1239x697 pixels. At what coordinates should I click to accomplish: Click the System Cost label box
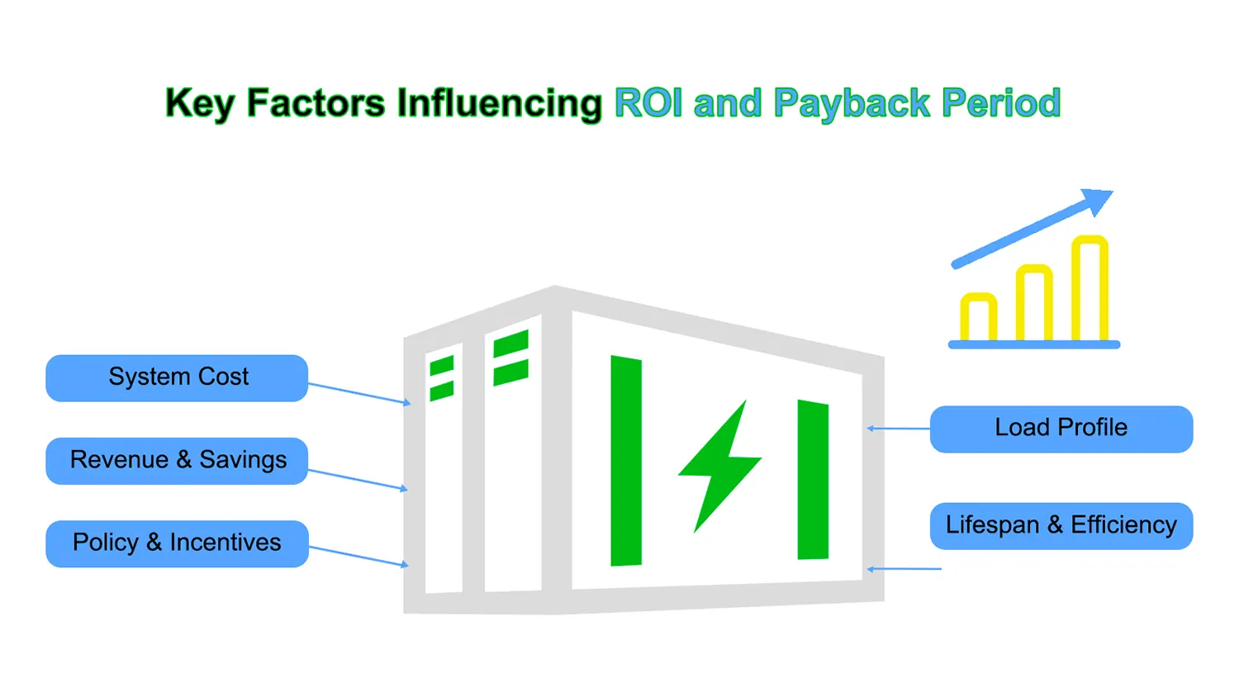(177, 378)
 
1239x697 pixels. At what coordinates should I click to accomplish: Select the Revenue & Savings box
(177, 461)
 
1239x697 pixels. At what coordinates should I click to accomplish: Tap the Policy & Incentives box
(177, 543)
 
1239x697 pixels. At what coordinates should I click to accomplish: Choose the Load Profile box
(1061, 429)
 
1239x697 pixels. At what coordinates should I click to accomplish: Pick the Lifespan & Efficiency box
(1061, 525)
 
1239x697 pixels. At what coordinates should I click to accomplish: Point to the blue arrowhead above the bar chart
(1098, 201)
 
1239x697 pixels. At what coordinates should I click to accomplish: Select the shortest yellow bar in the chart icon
(978, 318)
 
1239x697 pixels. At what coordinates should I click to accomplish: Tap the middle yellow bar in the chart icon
(1034, 302)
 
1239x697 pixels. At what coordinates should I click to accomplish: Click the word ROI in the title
(649, 104)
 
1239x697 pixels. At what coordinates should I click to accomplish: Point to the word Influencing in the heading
(500, 104)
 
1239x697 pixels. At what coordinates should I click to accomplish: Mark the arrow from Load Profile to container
(899, 429)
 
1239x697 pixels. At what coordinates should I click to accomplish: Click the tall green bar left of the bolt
(626, 461)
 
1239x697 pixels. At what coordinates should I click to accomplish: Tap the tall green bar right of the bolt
(813, 480)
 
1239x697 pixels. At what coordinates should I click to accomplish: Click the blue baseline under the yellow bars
(1034, 344)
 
